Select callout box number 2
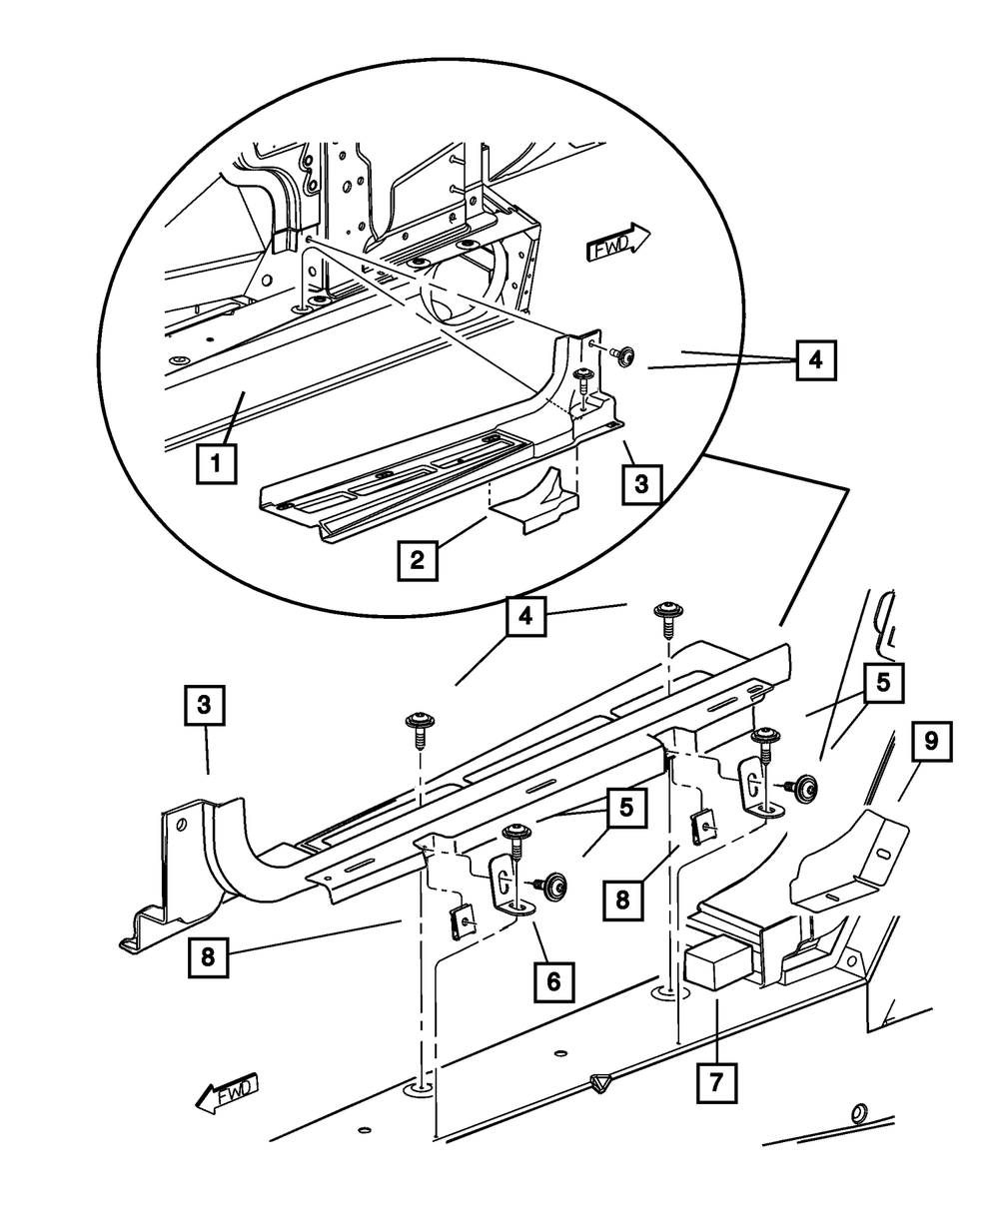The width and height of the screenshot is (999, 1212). [x=416, y=560]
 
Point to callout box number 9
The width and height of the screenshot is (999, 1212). [x=931, y=742]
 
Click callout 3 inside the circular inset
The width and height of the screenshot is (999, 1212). [x=640, y=485]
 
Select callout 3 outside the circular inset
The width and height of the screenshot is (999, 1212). [x=204, y=704]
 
